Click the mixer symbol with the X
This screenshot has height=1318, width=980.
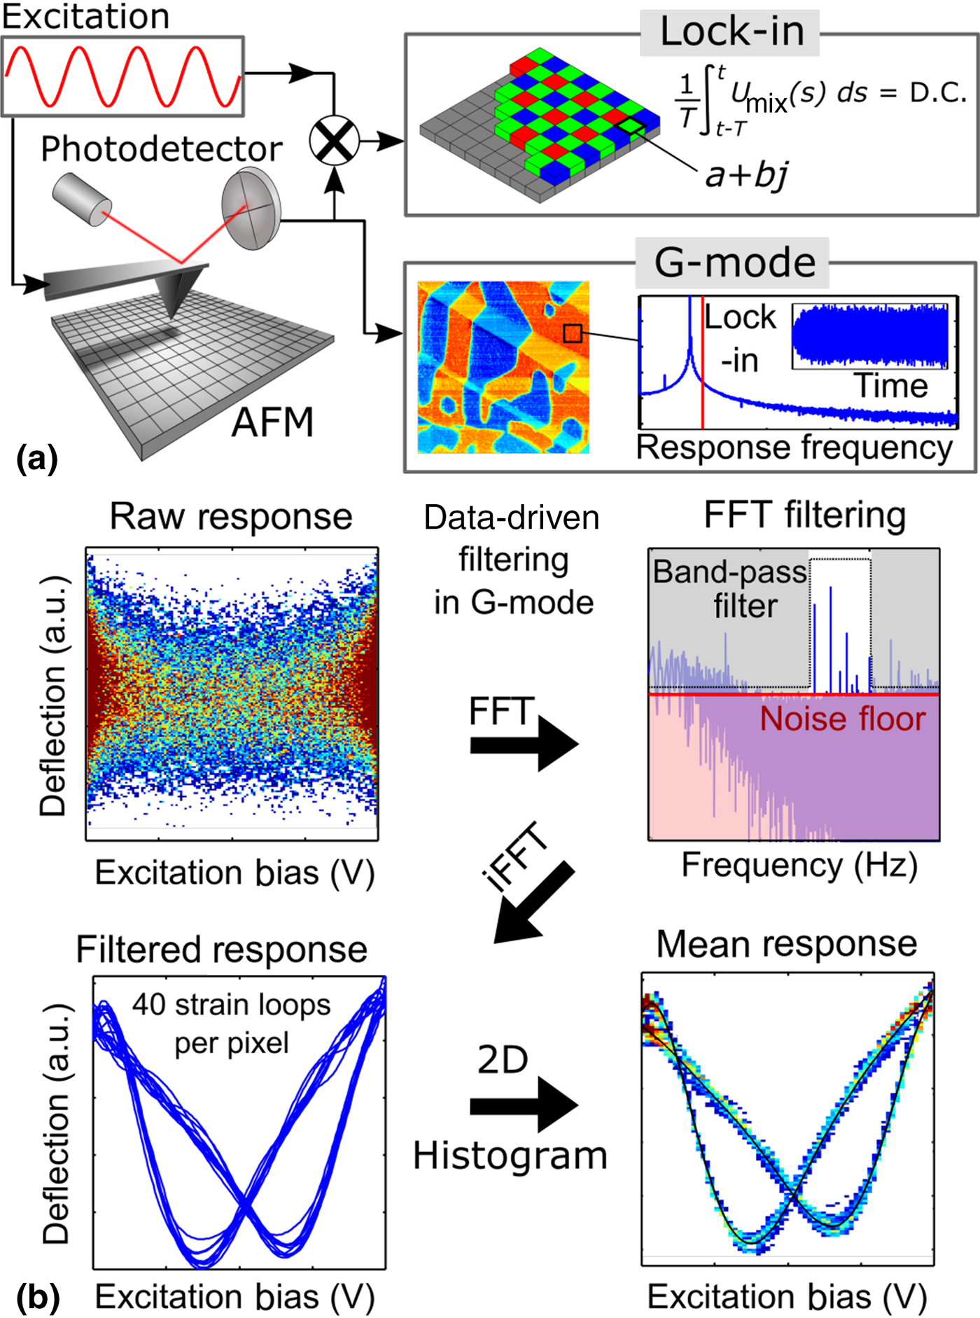pyautogui.click(x=335, y=141)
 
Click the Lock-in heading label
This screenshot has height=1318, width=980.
pyautogui.click(x=731, y=32)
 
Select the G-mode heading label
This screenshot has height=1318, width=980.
pyautogui.click(x=734, y=263)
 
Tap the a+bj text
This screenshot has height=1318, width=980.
pyautogui.click(x=746, y=174)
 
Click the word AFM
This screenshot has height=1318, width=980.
pyautogui.click(x=272, y=422)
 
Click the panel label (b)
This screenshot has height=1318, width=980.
pyautogui.click(x=36, y=1297)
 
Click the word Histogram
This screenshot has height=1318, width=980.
pyautogui.click(x=510, y=1156)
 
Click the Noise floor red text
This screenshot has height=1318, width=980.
pyautogui.click(x=842, y=719)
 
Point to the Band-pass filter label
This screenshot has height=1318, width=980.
pyautogui.click(x=730, y=589)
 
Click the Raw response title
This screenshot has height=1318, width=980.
pyautogui.click(x=231, y=517)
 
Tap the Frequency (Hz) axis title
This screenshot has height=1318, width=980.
pyautogui.click(x=799, y=865)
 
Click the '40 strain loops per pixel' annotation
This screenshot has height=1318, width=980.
pyautogui.click(x=231, y=1023)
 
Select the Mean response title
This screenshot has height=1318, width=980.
pyautogui.click(x=786, y=943)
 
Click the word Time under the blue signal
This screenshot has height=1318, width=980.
pyautogui.click(x=890, y=386)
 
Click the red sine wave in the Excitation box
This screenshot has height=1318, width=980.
pyautogui.click(x=122, y=76)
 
